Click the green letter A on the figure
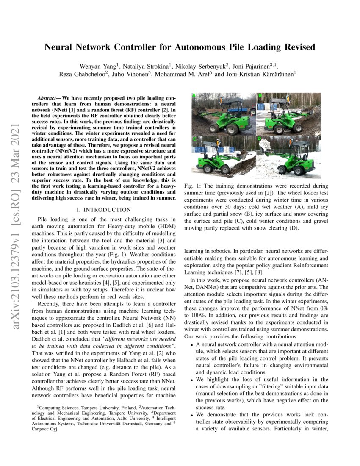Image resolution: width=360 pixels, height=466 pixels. coord(194,96)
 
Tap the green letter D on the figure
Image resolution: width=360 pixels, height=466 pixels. coord(259,139)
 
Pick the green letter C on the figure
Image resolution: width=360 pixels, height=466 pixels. coord(194,139)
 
